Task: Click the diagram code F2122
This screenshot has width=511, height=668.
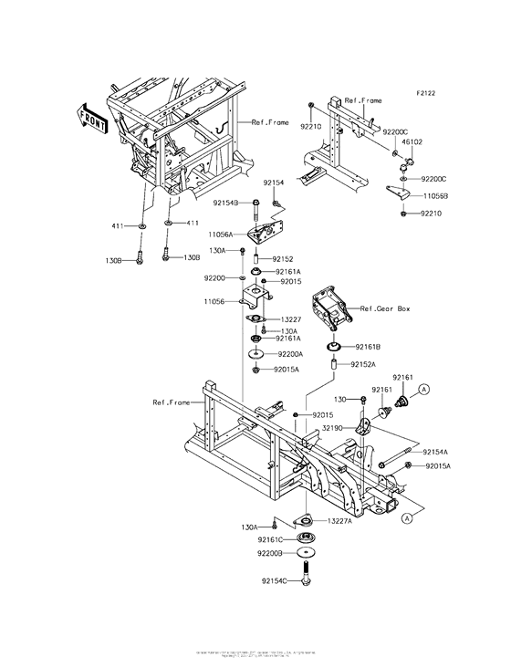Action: coord(427,93)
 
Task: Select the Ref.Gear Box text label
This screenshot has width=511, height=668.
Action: coord(384,309)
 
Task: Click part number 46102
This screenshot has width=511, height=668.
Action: coord(412,142)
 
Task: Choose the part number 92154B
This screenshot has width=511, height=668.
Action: coord(225,203)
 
